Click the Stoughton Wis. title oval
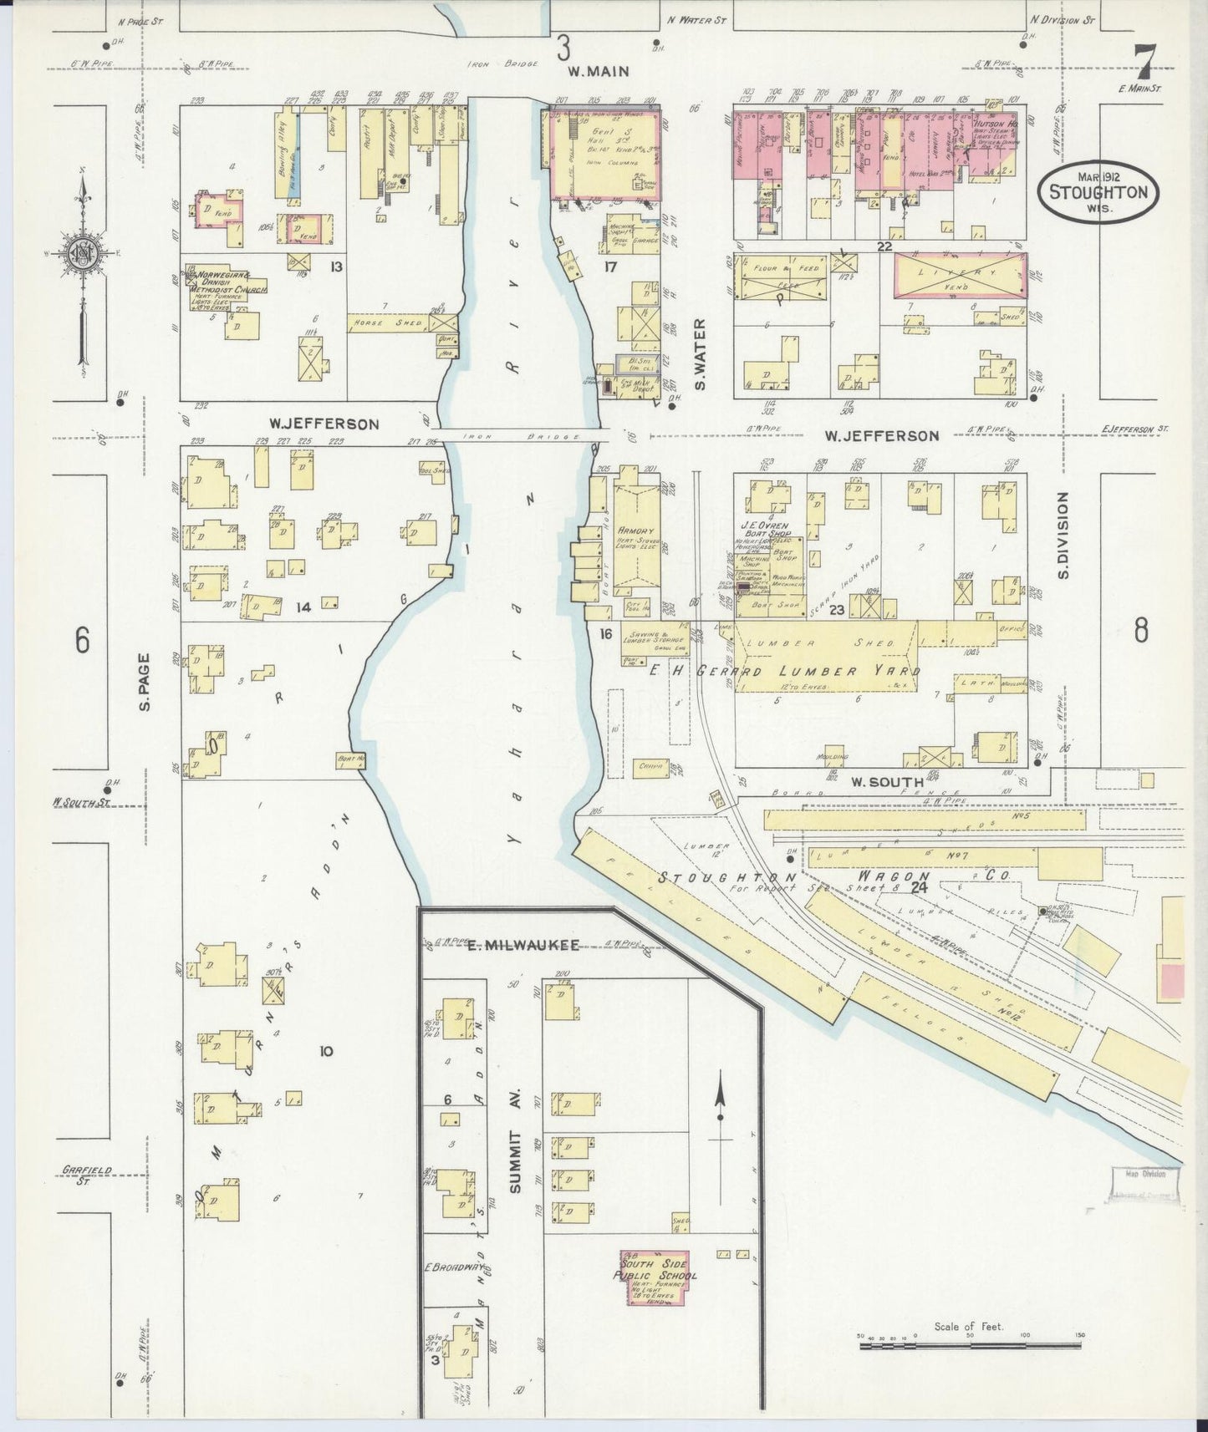pyautogui.click(x=1098, y=191)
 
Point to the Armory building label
pyautogui.click(x=635, y=531)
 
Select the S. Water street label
pyautogui.click(x=701, y=354)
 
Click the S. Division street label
pyautogui.click(x=1063, y=536)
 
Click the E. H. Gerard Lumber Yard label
pyautogui.click(x=784, y=671)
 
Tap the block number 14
pyautogui.click(x=302, y=607)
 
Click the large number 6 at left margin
pyautogui.click(x=82, y=641)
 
